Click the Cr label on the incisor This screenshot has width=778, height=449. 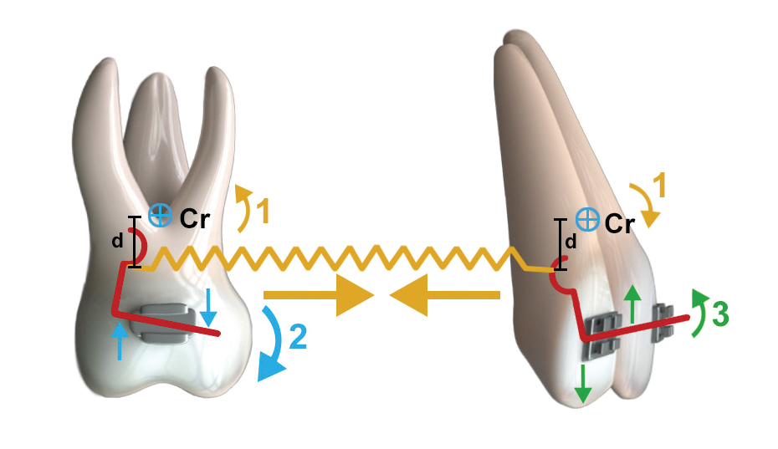coord(620,224)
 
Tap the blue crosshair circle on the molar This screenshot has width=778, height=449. coord(158,216)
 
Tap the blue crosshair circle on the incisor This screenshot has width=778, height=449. coord(589,221)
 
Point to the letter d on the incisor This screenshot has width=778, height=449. coord(571,242)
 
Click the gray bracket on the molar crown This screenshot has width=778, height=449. coord(167,322)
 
